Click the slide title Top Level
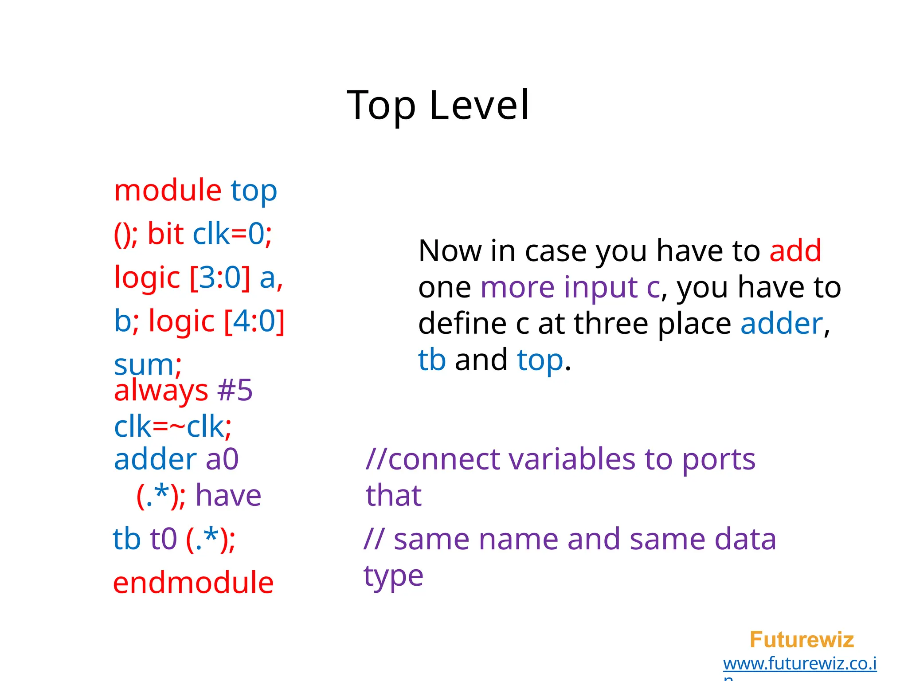click(438, 105)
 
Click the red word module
click(168, 191)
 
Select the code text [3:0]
click(220, 278)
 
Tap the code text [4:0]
click(254, 321)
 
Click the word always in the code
click(160, 391)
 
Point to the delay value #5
click(235, 390)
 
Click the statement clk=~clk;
click(172, 427)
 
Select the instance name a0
click(222, 459)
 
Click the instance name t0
click(163, 540)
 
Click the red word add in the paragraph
click(795, 251)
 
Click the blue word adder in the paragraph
click(782, 324)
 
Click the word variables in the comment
click(572, 459)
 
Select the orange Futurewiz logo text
click(802, 640)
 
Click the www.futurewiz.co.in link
click(799, 664)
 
